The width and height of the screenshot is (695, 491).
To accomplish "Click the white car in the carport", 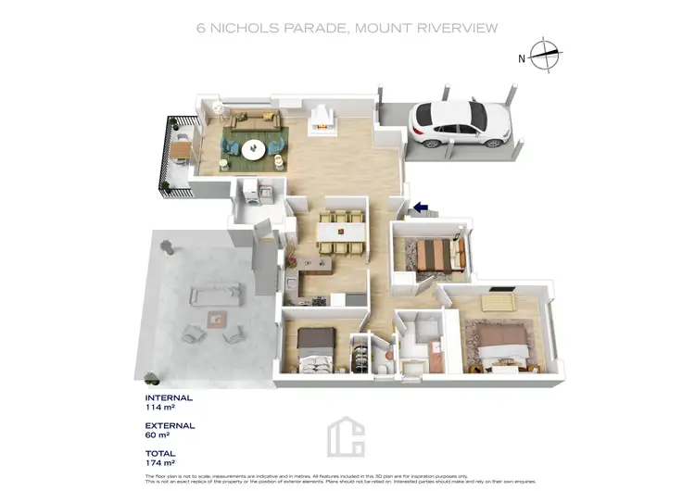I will click(x=461, y=123).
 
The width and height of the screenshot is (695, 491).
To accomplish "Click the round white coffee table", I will click(x=253, y=148).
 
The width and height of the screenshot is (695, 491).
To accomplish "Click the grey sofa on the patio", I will click(x=210, y=296).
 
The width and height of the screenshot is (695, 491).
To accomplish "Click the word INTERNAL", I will click(x=168, y=397).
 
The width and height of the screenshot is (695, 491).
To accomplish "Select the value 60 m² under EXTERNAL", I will click(x=159, y=434).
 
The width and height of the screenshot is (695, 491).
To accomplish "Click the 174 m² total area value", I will click(x=160, y=462).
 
